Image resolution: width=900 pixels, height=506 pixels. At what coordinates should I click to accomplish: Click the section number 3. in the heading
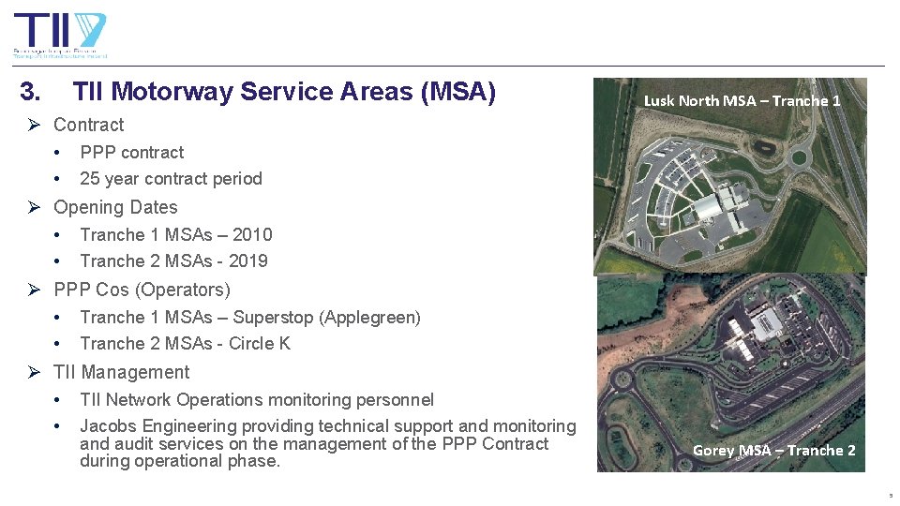(30, 92)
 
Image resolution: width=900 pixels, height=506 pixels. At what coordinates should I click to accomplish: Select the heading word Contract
(88, 125)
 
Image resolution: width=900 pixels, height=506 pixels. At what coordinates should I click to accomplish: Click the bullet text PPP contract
(131, 152)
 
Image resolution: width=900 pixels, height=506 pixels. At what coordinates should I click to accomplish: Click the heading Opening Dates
(115, 207)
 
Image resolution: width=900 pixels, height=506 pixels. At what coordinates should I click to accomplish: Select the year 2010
(252, 234)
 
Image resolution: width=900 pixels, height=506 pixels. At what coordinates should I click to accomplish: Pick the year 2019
(248, 260)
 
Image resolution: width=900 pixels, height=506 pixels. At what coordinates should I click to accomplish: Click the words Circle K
(260, 343)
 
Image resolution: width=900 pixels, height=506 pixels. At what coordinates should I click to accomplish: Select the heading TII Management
(121, 372)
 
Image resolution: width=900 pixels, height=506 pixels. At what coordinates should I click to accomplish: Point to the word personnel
(395, 399)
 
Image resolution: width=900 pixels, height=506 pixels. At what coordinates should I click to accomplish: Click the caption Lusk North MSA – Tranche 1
(742, 100)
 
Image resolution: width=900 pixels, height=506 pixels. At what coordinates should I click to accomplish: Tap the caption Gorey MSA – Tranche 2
(773, 450)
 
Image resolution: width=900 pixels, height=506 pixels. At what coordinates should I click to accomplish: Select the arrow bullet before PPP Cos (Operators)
(35, 290)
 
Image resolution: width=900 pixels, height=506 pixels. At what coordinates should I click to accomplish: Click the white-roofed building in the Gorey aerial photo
(766, 324)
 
